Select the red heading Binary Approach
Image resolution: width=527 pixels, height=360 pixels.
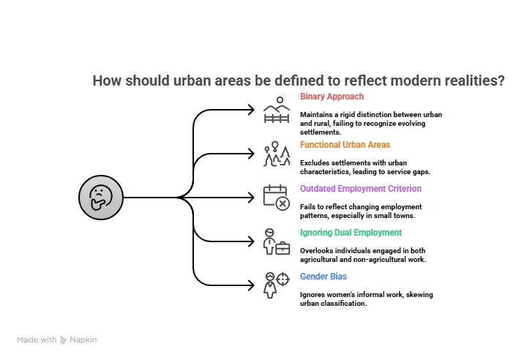click(x=332, y=97)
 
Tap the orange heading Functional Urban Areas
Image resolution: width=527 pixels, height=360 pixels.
click(x=345, y=145)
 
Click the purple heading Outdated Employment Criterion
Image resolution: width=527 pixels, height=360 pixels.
click(x=361, y=189)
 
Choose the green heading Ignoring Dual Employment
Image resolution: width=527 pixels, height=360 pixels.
click(x=351, y=233)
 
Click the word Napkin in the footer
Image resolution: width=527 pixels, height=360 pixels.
click(x=83, y=340)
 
